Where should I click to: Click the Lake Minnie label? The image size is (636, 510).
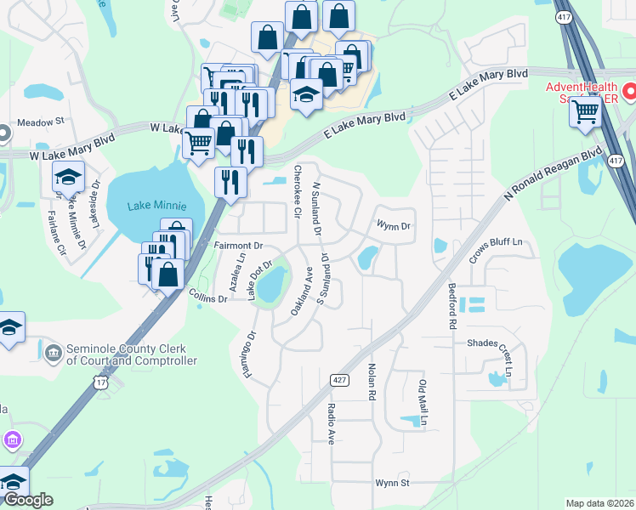click(x=155, y=206)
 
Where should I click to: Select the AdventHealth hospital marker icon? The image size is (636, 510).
click(x=630, y=90)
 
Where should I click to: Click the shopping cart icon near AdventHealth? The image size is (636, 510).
click(x=586, y=110)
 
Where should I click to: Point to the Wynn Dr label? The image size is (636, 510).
click(x=394, y=226)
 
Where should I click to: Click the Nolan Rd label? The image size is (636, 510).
click(x=372, y=382)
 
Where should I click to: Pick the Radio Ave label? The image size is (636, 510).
click(x=332, y=423)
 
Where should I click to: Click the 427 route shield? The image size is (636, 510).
click(x=338, y=379)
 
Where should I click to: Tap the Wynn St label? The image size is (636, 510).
click(x=393, y=483)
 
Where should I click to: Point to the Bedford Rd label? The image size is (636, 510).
click(x=452, y=307)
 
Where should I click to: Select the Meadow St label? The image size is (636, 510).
click(x=41, y=122)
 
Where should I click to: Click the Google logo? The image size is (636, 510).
click(x=28, y=500)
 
